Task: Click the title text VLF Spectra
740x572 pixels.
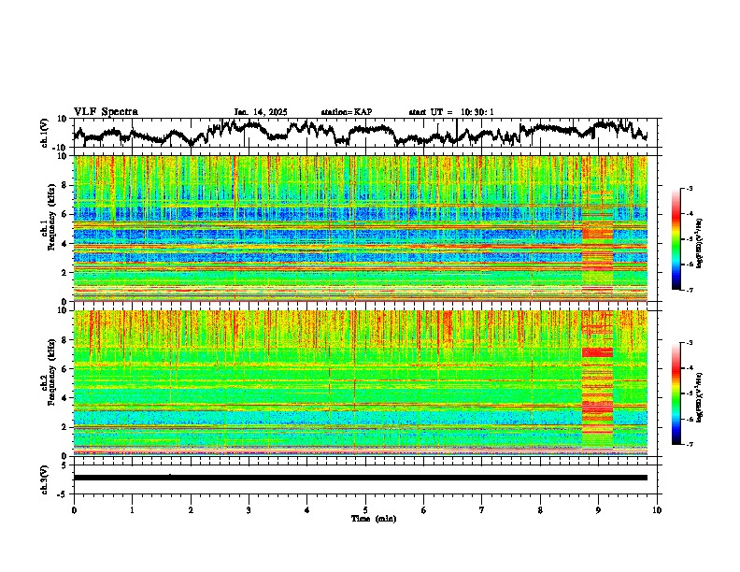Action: tap(106, 112)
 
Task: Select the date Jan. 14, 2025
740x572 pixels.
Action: tap(260, 112)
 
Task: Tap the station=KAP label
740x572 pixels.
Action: tap(346, 112)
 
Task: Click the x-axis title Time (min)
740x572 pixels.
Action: tap(365, 518)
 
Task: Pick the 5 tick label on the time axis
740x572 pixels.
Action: tap(365, 509)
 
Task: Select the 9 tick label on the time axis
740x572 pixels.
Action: tap(599, 509)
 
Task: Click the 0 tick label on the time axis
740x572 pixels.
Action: tap(74, 509)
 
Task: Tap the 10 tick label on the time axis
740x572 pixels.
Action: tap(658, 509)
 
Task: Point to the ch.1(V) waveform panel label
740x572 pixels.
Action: tap(45, 132)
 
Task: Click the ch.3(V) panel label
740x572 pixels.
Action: tap(45, 478)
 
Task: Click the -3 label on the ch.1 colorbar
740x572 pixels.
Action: tap(689, 189)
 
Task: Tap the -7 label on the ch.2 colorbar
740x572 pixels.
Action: tap(689, 445)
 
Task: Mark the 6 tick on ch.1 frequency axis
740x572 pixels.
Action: tap(65, 214)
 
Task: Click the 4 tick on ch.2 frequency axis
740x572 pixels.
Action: tap(65, 397)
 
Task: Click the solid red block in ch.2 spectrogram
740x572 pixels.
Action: tap(597, 352)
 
